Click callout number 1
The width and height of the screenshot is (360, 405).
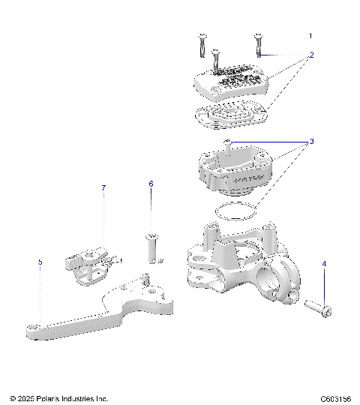[x=311, y=36]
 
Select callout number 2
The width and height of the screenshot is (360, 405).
[x=311, y=55]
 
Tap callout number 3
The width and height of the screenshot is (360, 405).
[x=311, y=141]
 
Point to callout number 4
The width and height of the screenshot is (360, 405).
[x=324, y=264]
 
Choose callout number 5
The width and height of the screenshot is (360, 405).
[x=40, y=262]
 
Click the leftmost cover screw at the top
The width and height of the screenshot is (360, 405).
[x=201, y=45]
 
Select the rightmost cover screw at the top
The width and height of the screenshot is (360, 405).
[x=258, y=45]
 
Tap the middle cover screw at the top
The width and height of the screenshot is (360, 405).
[x=216, y=60]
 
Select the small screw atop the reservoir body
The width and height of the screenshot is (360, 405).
[x=227, y=144]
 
